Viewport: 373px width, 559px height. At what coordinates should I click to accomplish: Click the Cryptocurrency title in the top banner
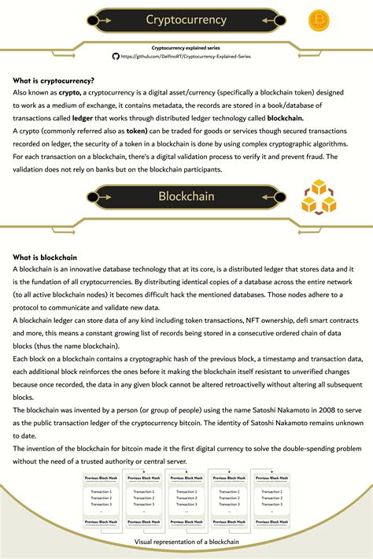pyautogui.click(x=186, y=20)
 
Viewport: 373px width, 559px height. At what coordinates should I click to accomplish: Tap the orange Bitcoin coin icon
pyautogui.click(x=319, y=20)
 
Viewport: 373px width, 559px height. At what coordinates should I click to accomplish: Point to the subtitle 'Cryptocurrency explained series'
pyautogui.click(x=186, y=47)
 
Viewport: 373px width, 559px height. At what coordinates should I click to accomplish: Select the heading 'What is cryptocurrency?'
pyautogui.click(x=54, y=80)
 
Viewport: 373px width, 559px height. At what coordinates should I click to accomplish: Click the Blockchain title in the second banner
pyautogui.click(x=186, y=194)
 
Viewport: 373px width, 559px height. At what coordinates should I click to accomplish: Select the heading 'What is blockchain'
pyautogui.click(x=45, y=257)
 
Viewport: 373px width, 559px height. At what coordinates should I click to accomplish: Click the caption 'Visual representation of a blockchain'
pyautogui.click(x=186, y=542)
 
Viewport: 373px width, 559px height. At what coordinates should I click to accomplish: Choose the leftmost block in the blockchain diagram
pyautogui.click(x=101, y=502)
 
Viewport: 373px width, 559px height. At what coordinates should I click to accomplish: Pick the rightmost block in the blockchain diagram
pyautogui.click(x=271, y=502)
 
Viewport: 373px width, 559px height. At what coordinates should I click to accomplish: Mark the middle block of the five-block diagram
pyautogui.click(x=186, y=502)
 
